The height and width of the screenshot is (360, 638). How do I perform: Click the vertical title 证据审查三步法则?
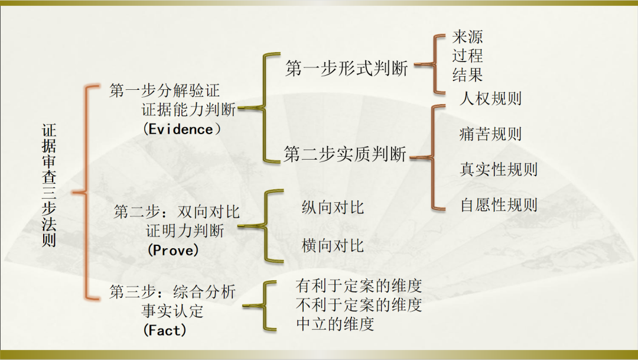click(x=49, y=185)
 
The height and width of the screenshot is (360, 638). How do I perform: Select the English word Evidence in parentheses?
click(x=181, y=129)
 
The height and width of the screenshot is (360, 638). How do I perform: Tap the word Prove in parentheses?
click(x=173, y=250)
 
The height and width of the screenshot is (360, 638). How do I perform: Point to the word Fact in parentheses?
click(x=165, y=330)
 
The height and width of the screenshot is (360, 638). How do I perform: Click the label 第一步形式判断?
click(x=346, y=68)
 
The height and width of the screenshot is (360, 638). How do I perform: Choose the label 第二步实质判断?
click(x=345, y=154)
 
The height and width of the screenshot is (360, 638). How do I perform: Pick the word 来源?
click(x=467, y=37)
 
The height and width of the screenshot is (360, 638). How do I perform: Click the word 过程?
click(x=467, y=56)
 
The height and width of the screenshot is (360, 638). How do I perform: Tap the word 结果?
click(x=467, y=74)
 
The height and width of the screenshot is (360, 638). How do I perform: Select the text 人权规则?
click(x=491, y=99)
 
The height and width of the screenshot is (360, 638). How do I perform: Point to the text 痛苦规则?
click(x=491, y=134)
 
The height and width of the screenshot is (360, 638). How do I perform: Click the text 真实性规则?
click(x=499, y=170)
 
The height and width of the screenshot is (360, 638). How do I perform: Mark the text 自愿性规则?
click(x=499, y=205)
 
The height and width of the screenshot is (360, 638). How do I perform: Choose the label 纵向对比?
click(x=333, y=207)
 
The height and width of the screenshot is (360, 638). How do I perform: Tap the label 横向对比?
click(x=333, y=245)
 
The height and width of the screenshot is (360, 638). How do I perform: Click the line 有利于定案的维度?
click(x=359, y=286)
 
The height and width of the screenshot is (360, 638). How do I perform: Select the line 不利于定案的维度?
click(x=359, y=304)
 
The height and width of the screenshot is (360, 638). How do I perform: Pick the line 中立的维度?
click(x=336, y=324)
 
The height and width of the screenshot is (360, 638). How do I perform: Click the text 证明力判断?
click(x=185, y=231)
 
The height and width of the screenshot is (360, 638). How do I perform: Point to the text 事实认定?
click(x=172, y=311)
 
